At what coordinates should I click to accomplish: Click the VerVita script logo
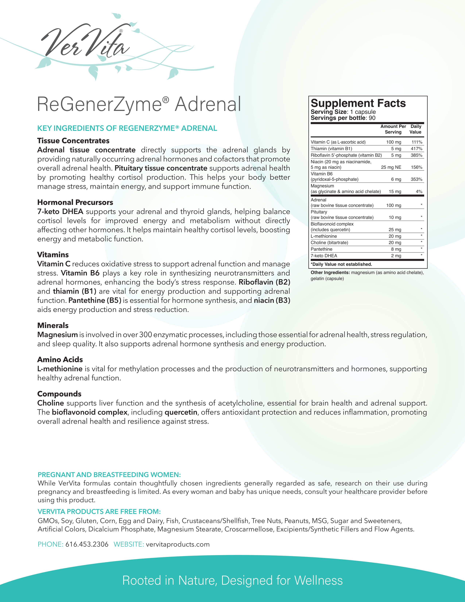(x=85, y=43)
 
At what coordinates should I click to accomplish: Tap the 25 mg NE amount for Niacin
(x=391, y=167)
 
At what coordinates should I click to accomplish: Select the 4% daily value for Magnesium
(x=419, y=192)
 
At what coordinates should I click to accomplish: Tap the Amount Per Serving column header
(x=393, y=129)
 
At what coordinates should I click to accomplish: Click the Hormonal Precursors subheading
(x=75, y=202)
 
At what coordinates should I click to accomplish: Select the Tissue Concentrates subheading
(x=73, y=141)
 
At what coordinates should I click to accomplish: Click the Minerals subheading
(x=53, y=325)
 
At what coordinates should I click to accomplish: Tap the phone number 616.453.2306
(x=87, y=544)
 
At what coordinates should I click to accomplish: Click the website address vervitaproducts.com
(x=178, y=544)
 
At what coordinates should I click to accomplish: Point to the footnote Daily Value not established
(x=341, y=264)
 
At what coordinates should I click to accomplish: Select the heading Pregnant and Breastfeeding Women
(x=109, y=475)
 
